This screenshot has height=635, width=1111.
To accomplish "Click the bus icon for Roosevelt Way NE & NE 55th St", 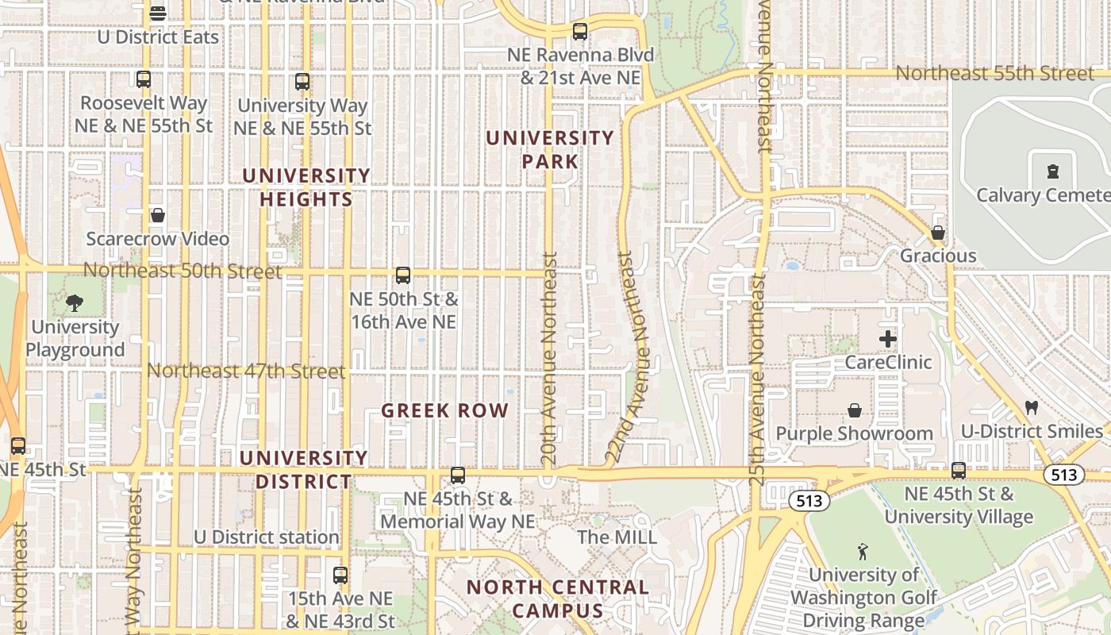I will pyautogui.click(x=144, y=79).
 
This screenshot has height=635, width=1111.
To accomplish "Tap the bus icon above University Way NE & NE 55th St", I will pyautogui.click(x=302, y=81).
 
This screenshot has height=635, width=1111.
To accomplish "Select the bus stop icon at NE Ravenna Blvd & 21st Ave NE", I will pyautogui.click(x=580, y=32).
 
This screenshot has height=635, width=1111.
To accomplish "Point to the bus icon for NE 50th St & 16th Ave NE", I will pyautogui.click(x=403, y=275).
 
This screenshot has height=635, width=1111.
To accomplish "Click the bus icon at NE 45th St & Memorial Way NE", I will pyautogui.click(x=458, y=475).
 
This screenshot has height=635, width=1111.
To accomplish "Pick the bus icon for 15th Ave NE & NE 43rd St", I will pyautogui.click(x=340, y=575).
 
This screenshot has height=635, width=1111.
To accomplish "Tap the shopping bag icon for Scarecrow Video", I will pyautogui.click(x=158, y=215).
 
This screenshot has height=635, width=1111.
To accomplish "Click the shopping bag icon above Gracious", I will pyautogui.click(x=938, y=233).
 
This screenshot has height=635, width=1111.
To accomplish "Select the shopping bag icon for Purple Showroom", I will pyautogui.click(x=855, y=410).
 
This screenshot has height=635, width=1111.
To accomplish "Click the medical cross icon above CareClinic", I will pyautogui.click(x=888, y=339).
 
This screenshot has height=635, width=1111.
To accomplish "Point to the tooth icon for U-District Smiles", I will pyautogui.click(x=1032, y=408).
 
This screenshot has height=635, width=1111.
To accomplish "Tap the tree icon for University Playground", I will pyautogui.click(x=75, y=302).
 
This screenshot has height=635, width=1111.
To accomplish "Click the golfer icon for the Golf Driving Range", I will pyautogui.click(x=863, y=551).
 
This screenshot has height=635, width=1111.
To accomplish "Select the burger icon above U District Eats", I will pyautogui.click(x=158, y=13).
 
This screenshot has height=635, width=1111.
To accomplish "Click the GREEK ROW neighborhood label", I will pyautogui.click(x=444, y=411).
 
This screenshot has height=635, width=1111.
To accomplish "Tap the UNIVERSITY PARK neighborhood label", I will pyautogui.click(x=550, y=149).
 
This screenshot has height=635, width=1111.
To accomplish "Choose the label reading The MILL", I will pyautogui.click(x=617, y=537).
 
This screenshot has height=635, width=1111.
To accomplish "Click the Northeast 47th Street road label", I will pyautogui.click(x=246, y=371).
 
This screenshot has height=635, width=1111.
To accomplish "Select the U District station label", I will pyautogui.click(x=267, y=537).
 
